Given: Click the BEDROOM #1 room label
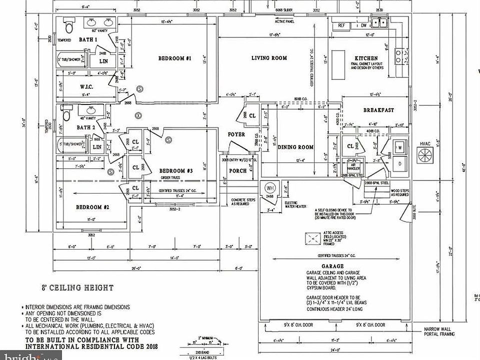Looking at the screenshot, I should click(175, 58).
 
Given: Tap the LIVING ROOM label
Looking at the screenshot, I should click(269, 58).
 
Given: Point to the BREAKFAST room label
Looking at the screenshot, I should click(378, 110).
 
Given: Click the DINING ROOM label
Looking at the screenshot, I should click(296, 147).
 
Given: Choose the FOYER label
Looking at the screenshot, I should click(236, 134).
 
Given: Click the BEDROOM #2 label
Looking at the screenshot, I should click(92, 207).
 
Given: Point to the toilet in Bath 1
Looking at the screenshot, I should click(67, 24).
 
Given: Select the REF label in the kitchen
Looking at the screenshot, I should click(342, 24).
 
